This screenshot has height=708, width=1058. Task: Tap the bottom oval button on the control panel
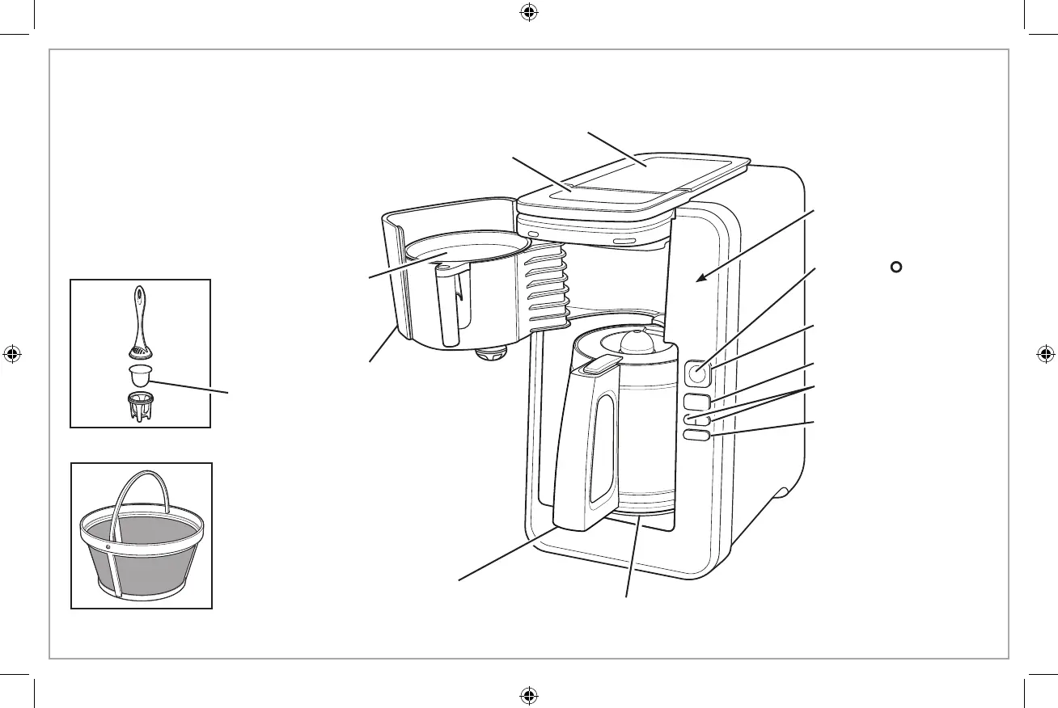[x=697, y=435]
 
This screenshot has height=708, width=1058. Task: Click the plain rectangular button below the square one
[x=697, y=400]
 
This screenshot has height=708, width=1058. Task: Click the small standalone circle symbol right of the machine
[x=895, y=267]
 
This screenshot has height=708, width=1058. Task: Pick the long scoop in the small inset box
[x=140, y=319]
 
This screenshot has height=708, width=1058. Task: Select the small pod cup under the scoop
[x=141, y=376]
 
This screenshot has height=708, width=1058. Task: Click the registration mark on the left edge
[x=13, y=353]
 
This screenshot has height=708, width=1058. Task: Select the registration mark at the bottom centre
[x=529, y=694]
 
